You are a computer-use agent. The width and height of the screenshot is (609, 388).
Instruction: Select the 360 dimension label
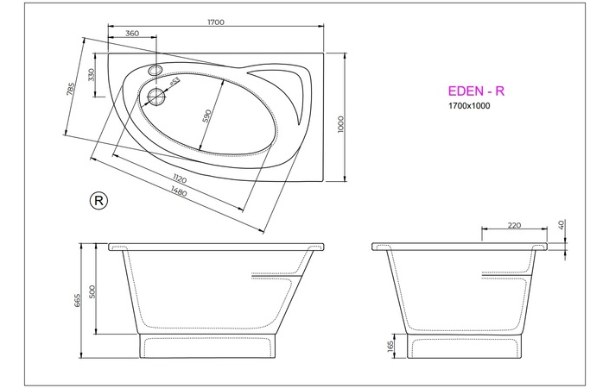(132, 34)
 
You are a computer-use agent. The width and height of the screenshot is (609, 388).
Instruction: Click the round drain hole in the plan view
(156, 97)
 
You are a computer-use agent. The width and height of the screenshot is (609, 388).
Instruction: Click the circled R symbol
(98, 200)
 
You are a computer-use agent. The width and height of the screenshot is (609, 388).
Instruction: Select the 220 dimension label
(513, 226)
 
